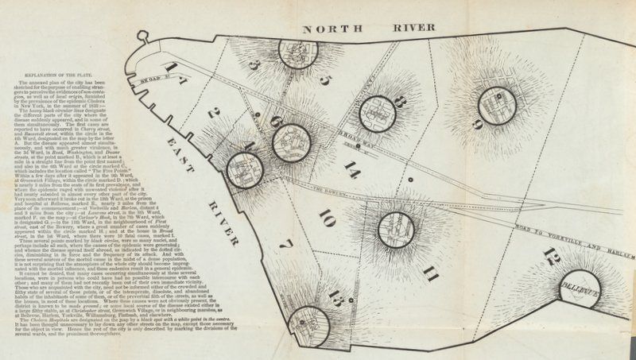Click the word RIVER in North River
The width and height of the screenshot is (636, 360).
click(414, 29)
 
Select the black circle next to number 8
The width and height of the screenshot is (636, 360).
click(377, 114)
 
